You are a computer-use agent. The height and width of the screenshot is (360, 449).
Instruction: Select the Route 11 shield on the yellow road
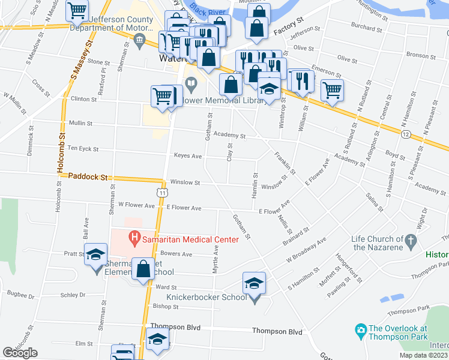click(x=163, y=192)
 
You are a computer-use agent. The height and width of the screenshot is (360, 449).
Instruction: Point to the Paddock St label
click(x=88, y=177)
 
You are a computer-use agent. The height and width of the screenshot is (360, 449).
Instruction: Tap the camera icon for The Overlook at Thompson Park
click(x=361, y=330)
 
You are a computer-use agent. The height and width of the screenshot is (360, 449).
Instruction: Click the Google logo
click(x=20, y=353)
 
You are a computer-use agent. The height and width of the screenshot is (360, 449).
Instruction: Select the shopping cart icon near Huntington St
click(x=332, y=89)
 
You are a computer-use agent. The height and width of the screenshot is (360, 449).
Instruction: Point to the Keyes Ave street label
click(x=187, y=155)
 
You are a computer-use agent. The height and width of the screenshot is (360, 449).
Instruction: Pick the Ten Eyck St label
click(x=83, y=148)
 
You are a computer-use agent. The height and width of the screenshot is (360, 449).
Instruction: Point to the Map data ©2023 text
click(x=423, y=355)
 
